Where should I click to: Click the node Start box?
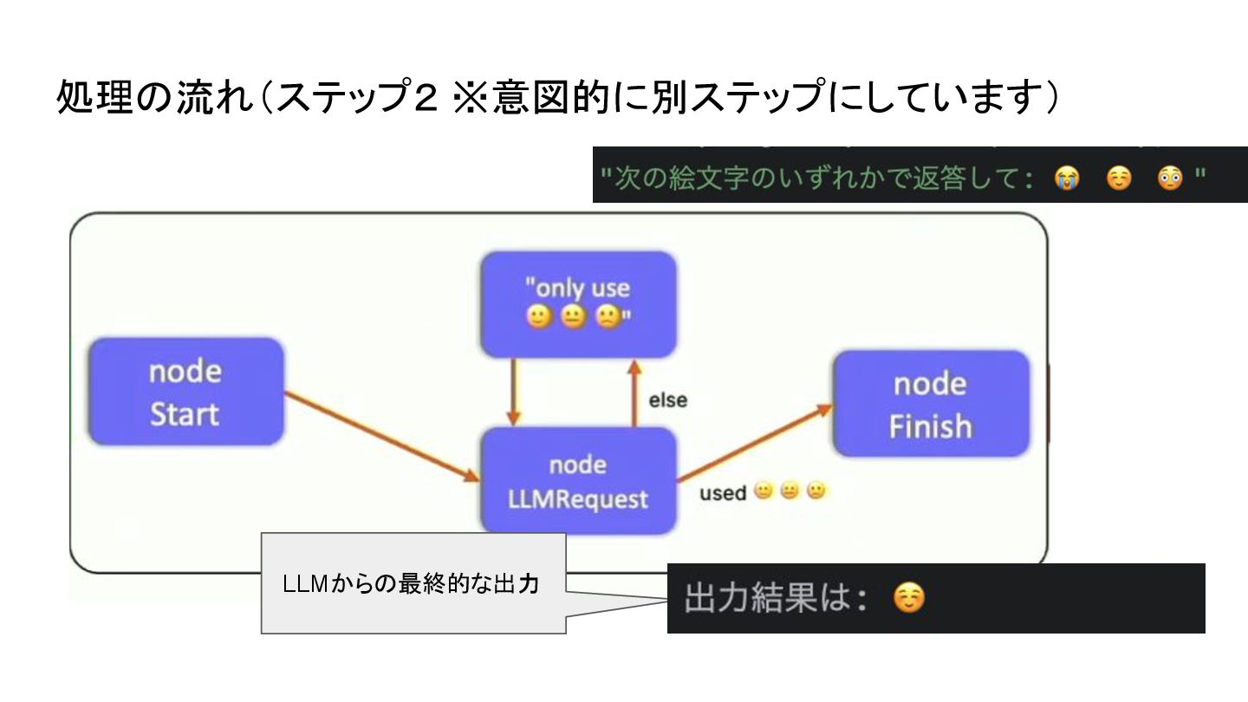(186, 392)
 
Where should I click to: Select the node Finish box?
(931, 404)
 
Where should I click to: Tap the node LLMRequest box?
(578, 481)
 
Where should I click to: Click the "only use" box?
(578, 303)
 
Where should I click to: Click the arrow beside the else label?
(634, 395)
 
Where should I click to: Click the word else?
(667, 400)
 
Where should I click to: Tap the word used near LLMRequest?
(722, 493)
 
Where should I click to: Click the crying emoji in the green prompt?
(1065, 179)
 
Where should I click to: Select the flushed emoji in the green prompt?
(1169, 179)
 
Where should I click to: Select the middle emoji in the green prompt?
(1118, 179)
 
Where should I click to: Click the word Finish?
(931, 426)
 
